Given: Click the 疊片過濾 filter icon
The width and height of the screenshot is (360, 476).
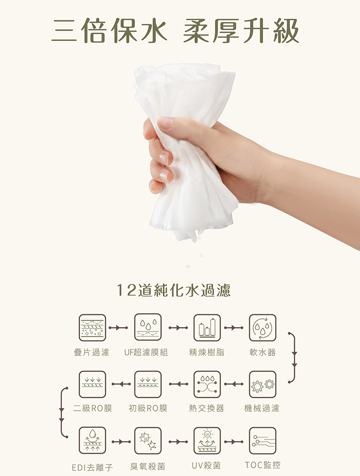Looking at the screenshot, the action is [93, 328].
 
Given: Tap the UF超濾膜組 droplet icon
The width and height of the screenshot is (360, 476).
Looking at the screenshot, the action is [148, 328].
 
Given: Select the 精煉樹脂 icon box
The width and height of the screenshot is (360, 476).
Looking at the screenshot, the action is [207, 328].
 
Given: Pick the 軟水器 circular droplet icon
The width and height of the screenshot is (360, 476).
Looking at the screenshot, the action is [263, 328].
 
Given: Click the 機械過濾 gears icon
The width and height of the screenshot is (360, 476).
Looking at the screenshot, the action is [263, 384].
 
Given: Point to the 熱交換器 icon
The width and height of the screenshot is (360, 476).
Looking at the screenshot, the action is [207, 384].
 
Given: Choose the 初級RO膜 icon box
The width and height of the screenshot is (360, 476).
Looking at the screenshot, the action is [148, 384].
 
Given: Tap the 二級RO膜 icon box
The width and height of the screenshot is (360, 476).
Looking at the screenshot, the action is [93, 384].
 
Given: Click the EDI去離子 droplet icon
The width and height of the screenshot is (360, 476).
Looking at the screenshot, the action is [93, 440].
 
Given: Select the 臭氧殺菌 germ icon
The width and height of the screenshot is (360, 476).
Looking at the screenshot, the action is [148, 440].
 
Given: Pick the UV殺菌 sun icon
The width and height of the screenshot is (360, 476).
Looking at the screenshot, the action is [207, 440].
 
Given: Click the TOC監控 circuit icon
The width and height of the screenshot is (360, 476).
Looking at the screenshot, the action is [263, 440].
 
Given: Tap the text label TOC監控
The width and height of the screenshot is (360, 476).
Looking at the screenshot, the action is [263, 465].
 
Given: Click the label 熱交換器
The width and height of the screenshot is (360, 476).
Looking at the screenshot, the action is [206, 408].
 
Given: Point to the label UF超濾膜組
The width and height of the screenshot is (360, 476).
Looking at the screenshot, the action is [146, 352].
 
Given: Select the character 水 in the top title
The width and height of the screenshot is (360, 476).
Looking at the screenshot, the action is [154, 30].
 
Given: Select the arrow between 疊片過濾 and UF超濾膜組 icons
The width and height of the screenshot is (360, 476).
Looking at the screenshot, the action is [118, 328].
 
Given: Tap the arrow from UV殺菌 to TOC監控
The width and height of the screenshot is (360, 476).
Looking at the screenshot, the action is [234, 442].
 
